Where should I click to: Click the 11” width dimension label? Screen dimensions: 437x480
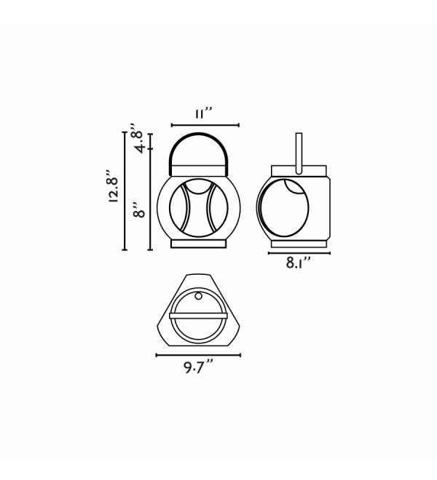pos(204,113)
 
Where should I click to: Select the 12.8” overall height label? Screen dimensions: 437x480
pos(113,185)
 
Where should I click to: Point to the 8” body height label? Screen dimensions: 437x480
pos(139,209)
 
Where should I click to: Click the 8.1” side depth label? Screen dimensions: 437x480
pos(299,263)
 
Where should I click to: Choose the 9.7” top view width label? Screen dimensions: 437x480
pos(198,367)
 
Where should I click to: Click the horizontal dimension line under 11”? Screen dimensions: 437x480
pos(205,125)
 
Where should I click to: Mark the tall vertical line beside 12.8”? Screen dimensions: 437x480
pos(125,191)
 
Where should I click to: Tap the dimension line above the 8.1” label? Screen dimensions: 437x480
pos(299,253)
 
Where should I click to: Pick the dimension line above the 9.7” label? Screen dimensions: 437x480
pos(198,355)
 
